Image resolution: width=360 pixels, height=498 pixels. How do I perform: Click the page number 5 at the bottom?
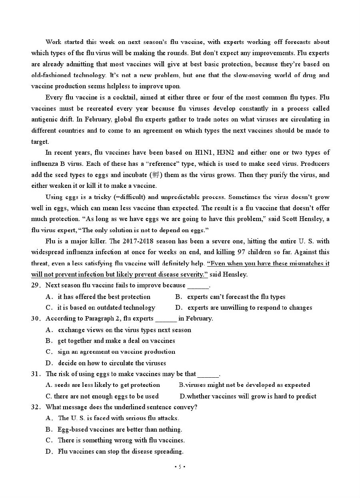tap(180, 467)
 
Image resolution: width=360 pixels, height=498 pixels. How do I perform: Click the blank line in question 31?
tap(208, 375)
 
